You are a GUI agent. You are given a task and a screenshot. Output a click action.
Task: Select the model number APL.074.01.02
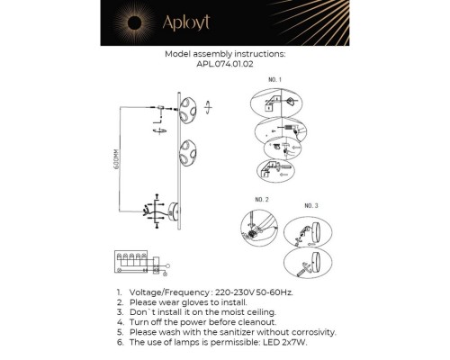[x=225, y=64]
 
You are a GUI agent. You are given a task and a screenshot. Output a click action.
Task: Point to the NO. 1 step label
[x=274, y=81]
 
